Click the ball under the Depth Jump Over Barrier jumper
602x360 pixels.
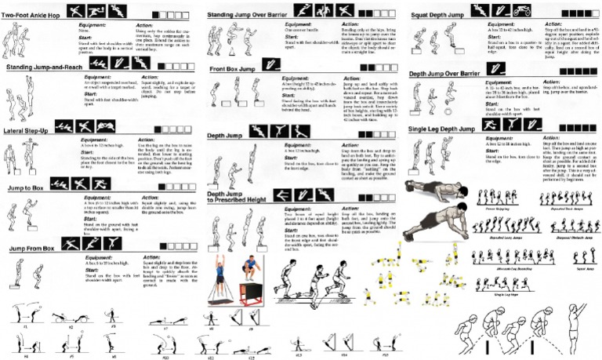[448, 101]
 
